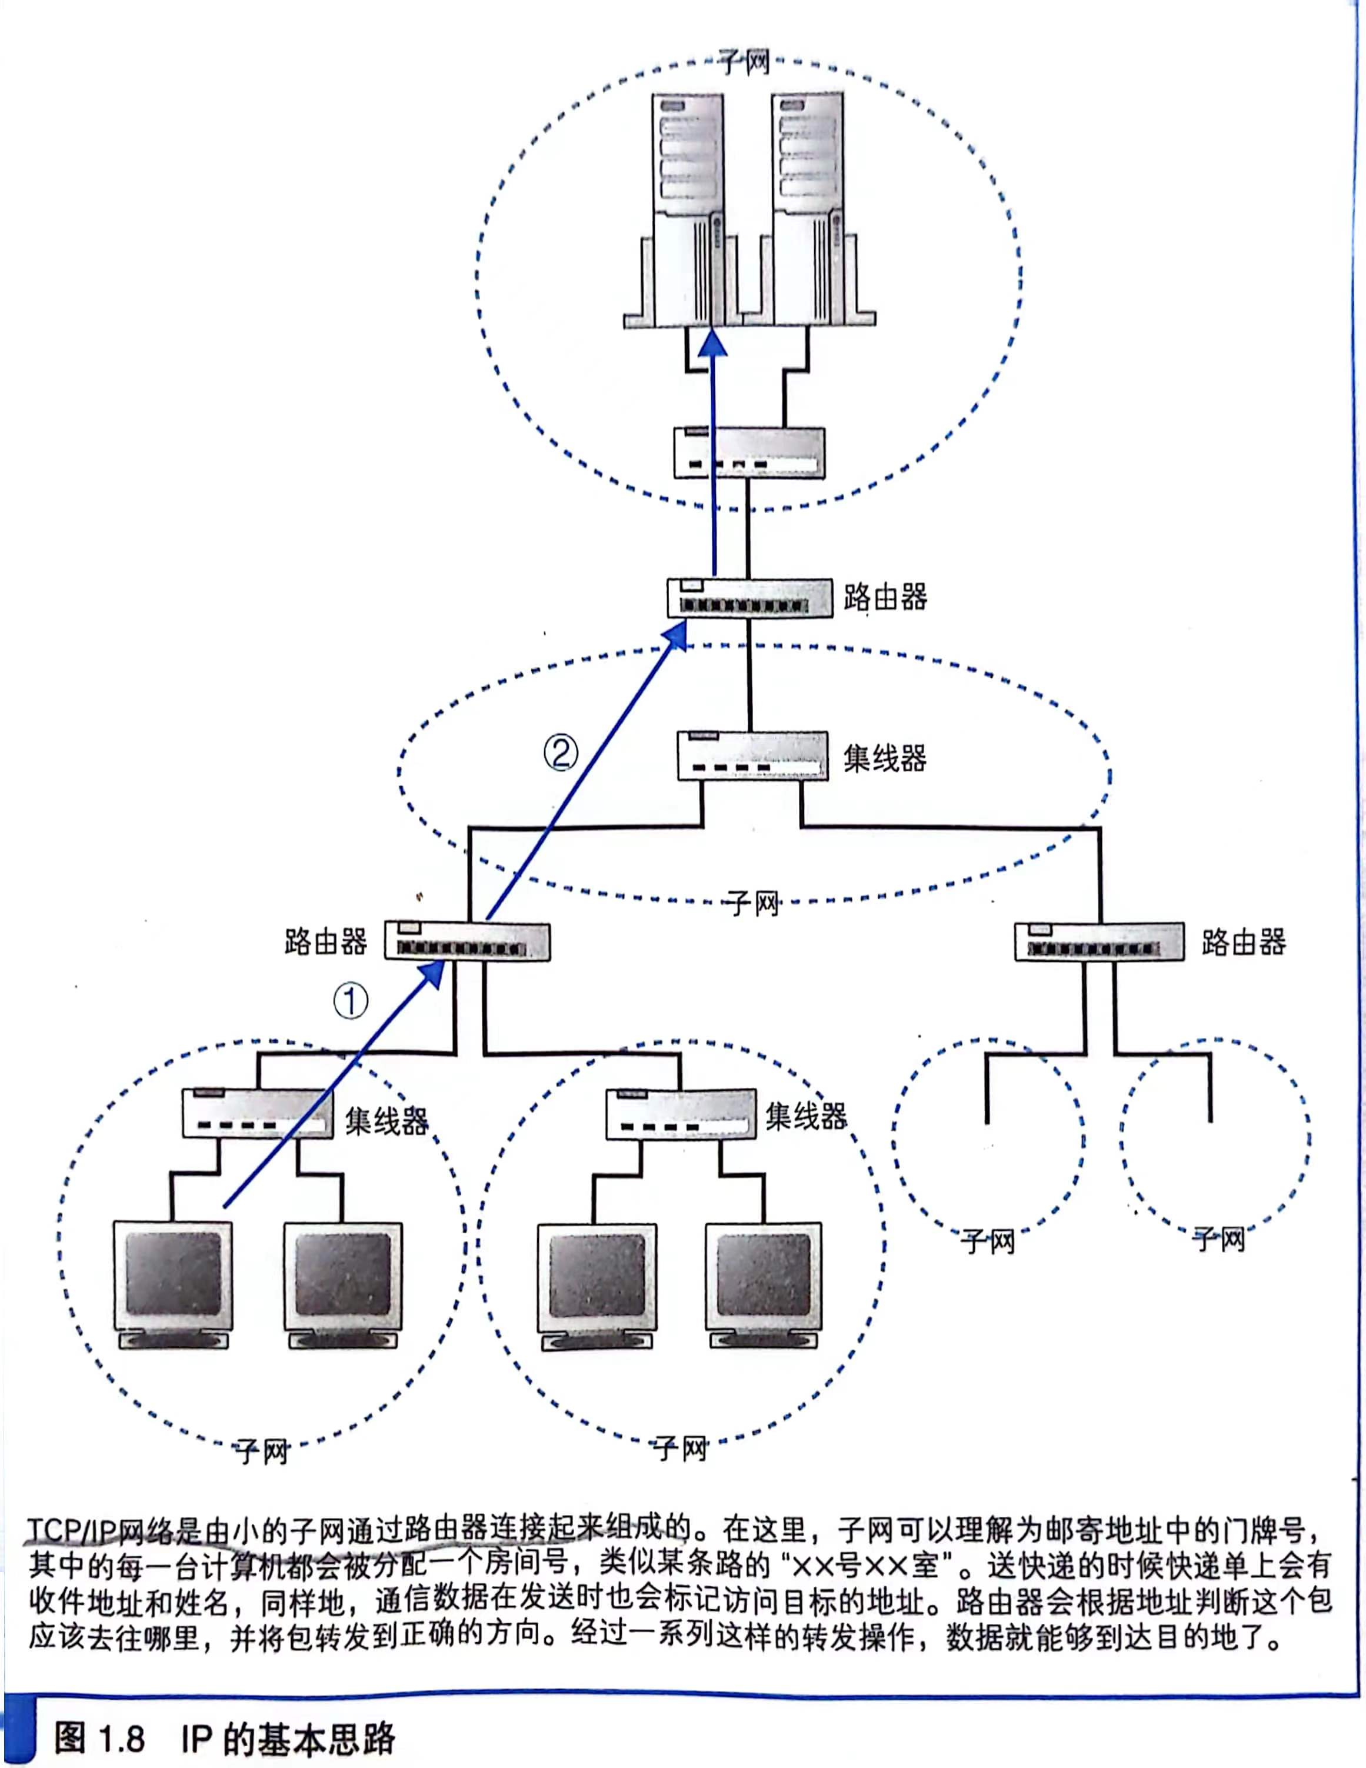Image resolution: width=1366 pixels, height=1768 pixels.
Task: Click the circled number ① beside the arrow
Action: (351, 1001)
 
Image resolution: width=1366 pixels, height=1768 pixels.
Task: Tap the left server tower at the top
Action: (688, 211)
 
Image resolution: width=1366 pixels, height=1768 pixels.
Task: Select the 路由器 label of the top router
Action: (885, 597)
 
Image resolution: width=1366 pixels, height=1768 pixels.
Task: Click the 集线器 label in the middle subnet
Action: (885, 758)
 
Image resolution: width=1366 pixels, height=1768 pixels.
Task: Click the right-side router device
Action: (1099, 943)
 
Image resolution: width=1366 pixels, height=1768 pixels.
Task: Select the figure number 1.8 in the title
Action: (121, 1739)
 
